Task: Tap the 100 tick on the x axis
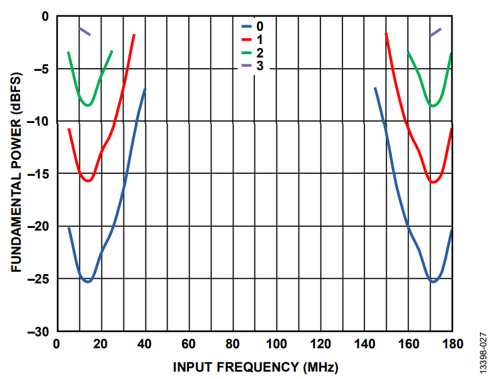point(276,345)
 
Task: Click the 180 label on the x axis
point(452,345)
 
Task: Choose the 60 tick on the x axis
point(189,345)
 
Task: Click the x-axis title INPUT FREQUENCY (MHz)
point(255,367)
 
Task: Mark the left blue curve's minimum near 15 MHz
point(87,281)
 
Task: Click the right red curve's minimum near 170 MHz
point(433,182)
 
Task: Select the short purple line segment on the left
point(85,31)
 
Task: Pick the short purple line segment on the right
point(435,32)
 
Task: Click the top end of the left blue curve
point(144,89)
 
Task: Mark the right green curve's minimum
point(433,106)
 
